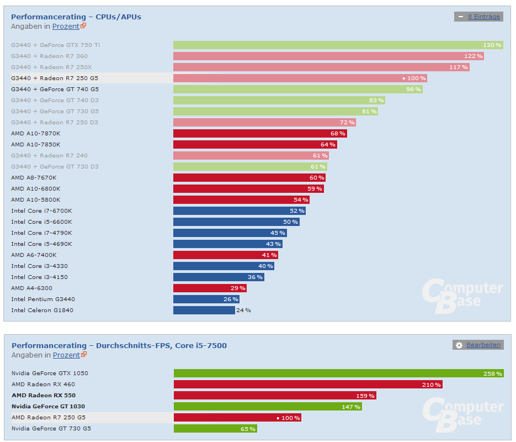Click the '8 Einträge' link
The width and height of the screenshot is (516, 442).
(x=483, y=17)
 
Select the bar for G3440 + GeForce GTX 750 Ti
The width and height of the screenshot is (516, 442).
(x=338, y=45)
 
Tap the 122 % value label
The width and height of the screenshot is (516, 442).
(x=473, y=56)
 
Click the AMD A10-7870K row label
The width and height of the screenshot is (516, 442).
(x=36, y=133)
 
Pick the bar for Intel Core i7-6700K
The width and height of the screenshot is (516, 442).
(x=240, y=211)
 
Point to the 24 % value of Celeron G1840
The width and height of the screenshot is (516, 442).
(x=243, y=310)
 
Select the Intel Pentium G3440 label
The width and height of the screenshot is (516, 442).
(x=43, y=299)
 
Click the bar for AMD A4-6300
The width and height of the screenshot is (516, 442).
(x=210, y=288)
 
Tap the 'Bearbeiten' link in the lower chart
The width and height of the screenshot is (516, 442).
(x=483, y=345)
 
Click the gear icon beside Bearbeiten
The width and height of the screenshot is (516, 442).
(x=459, y=345)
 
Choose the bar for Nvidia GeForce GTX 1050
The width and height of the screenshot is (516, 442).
(x=338, y=373)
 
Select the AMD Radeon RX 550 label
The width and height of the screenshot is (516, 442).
(x=44, y=395)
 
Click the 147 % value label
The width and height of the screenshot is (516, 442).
(x=350, y=407)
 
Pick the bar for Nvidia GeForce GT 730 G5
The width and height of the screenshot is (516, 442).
(x=215, y=429)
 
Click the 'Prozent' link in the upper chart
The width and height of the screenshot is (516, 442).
(x=66, y=26)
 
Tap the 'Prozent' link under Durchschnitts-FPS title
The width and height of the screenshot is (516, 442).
(x=66, y=355)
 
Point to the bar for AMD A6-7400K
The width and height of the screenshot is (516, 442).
(x=225, y=255)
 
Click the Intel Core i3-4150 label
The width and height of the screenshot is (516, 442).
(x=39, y=277)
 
